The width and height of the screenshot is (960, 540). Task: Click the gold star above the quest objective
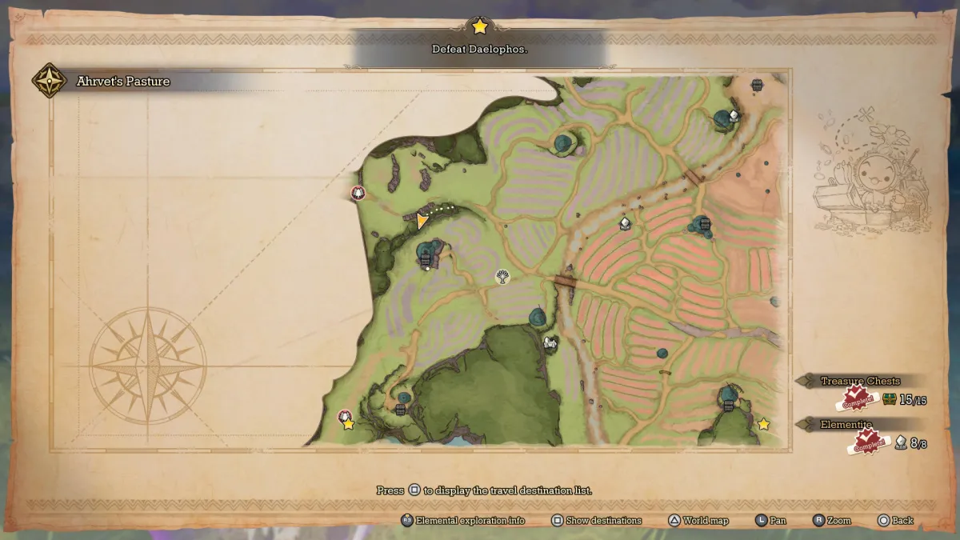[479, 26]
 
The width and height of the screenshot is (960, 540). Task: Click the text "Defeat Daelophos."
[479, 49]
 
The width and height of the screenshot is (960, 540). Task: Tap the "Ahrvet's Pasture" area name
[123, 81]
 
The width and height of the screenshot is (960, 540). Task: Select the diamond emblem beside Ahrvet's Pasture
[48, 80]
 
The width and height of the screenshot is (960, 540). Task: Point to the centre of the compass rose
[148, 366]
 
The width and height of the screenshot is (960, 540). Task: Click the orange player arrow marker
[422, 221]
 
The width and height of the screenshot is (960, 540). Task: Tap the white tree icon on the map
[502, 277]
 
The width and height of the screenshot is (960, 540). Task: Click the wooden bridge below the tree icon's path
[566, 282]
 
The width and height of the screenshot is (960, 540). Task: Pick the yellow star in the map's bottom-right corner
[763, 424]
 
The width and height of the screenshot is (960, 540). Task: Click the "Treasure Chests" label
[860, 381]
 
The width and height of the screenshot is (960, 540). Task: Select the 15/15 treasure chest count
[913, 399]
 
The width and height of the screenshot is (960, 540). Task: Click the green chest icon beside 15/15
[889, 398]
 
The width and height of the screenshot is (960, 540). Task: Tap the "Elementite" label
[846, 424]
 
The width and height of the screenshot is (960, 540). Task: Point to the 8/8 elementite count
[918, 442]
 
